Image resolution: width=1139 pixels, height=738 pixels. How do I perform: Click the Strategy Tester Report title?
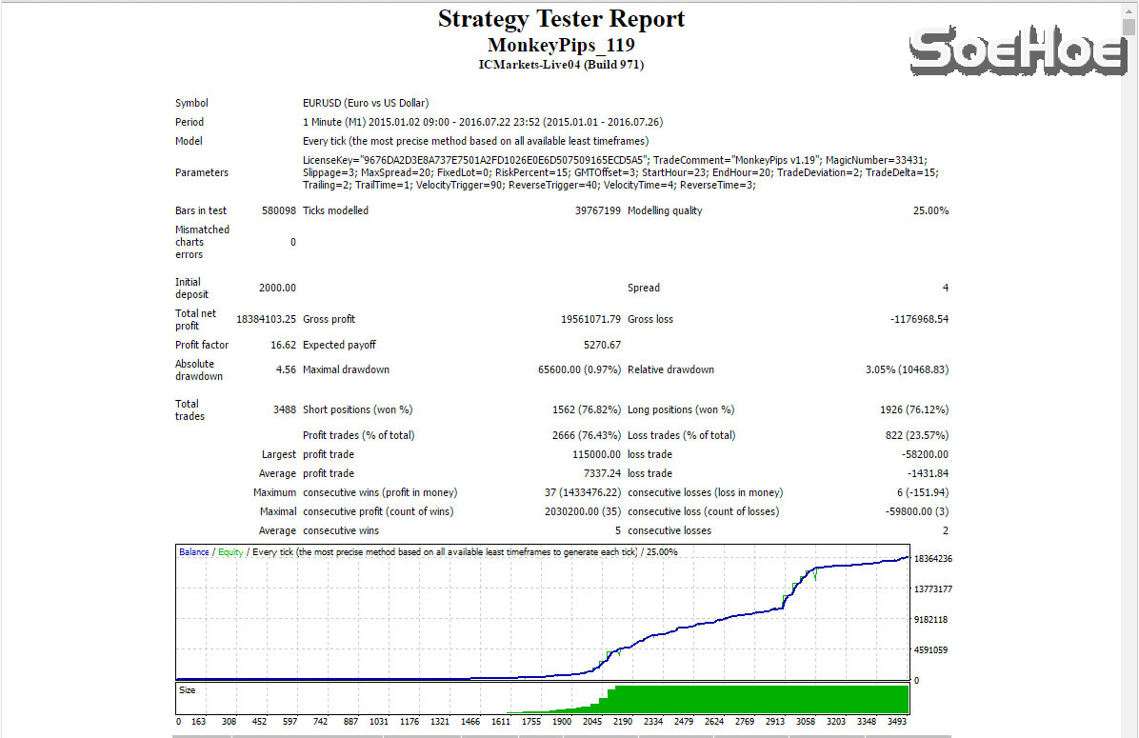coord(561,19)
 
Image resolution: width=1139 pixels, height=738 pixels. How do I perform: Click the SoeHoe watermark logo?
coord(1017,50)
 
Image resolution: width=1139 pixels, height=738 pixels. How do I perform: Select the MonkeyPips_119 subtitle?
coord(561,45)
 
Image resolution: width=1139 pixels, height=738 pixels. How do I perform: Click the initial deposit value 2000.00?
coord(277,288)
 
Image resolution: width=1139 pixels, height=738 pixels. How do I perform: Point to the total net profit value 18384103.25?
coord(266,319)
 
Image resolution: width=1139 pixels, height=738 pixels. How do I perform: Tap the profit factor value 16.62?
coord(282,345)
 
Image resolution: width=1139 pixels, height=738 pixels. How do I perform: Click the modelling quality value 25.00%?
coord(929,210)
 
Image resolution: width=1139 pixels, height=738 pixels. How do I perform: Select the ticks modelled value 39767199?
coord(597,210)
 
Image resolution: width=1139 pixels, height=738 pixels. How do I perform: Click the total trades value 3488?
coord(284,409)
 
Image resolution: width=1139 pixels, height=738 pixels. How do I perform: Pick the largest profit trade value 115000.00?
coord(596,454)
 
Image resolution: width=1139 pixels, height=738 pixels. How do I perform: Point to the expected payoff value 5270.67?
coord(602,345)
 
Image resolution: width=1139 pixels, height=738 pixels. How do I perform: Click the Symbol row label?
coord(191,103)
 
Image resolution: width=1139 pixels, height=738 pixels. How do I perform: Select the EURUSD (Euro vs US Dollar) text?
coord(365,103)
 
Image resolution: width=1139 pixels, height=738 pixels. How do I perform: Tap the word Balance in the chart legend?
coord(193,551)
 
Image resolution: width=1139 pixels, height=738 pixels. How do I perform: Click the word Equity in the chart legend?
coord(230,551)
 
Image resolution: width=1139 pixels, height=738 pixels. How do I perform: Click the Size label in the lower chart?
coord(188,689)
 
